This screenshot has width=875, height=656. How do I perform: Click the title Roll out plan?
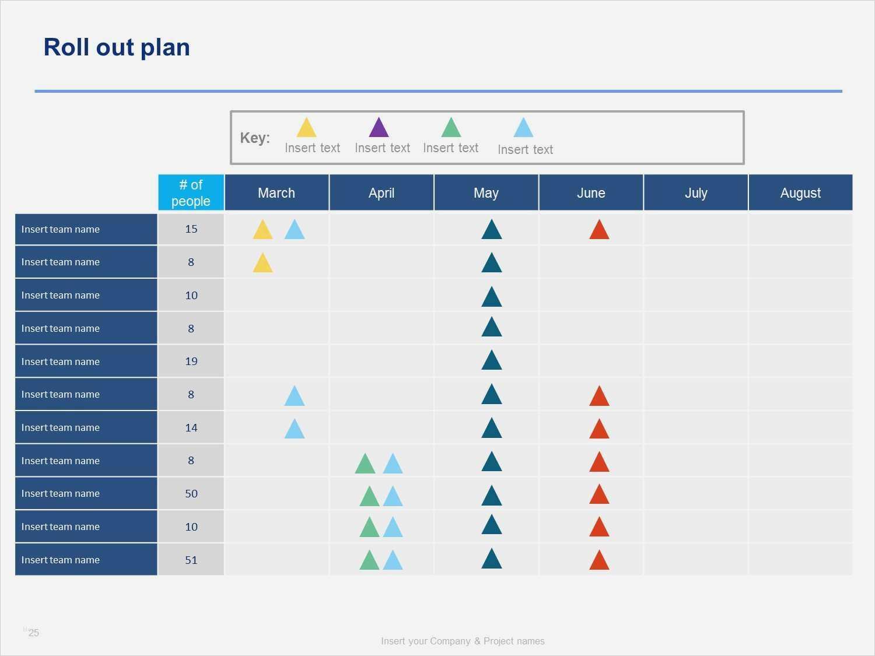coord(117,47)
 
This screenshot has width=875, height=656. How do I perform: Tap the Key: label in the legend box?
coord(255,138)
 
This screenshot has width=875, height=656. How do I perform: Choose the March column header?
coord(276,193)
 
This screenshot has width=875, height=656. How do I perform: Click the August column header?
coord(800,193)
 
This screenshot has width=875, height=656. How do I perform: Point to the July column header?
coord(696,193)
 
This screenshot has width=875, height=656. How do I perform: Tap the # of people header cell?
coord(191,193)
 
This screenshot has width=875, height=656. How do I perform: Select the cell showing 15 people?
coord(191,229)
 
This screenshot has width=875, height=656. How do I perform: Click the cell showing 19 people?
coord(191,362)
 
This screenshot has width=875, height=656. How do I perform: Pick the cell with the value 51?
coord(191,560)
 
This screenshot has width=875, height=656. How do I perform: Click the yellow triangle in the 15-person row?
coord(262,231)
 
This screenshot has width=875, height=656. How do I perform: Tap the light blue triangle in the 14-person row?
coord(294,430)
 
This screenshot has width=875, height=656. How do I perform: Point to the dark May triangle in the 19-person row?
coord(492,362)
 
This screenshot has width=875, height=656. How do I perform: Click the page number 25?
coord(34,633)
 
